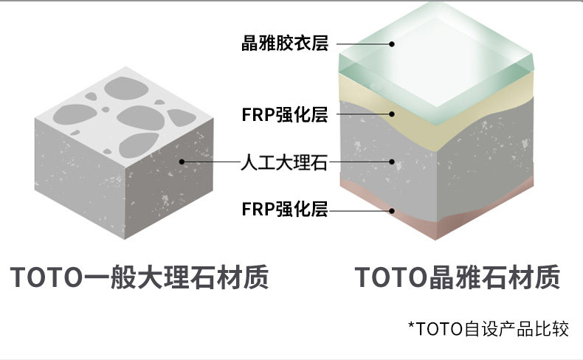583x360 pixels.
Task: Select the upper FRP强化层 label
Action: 284,114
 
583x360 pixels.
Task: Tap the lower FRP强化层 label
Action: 284,210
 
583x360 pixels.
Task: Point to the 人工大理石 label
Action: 284,161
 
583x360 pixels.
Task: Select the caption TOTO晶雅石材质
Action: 458,278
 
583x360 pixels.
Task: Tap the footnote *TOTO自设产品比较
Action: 489,328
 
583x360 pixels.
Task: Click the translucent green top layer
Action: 435,52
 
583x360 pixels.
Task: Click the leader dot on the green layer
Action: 393,44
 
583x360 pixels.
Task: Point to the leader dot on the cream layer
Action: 393,114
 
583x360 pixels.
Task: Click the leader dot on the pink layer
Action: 393,210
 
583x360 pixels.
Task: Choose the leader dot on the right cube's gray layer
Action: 393,161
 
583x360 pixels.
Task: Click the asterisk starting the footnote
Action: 411,325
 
